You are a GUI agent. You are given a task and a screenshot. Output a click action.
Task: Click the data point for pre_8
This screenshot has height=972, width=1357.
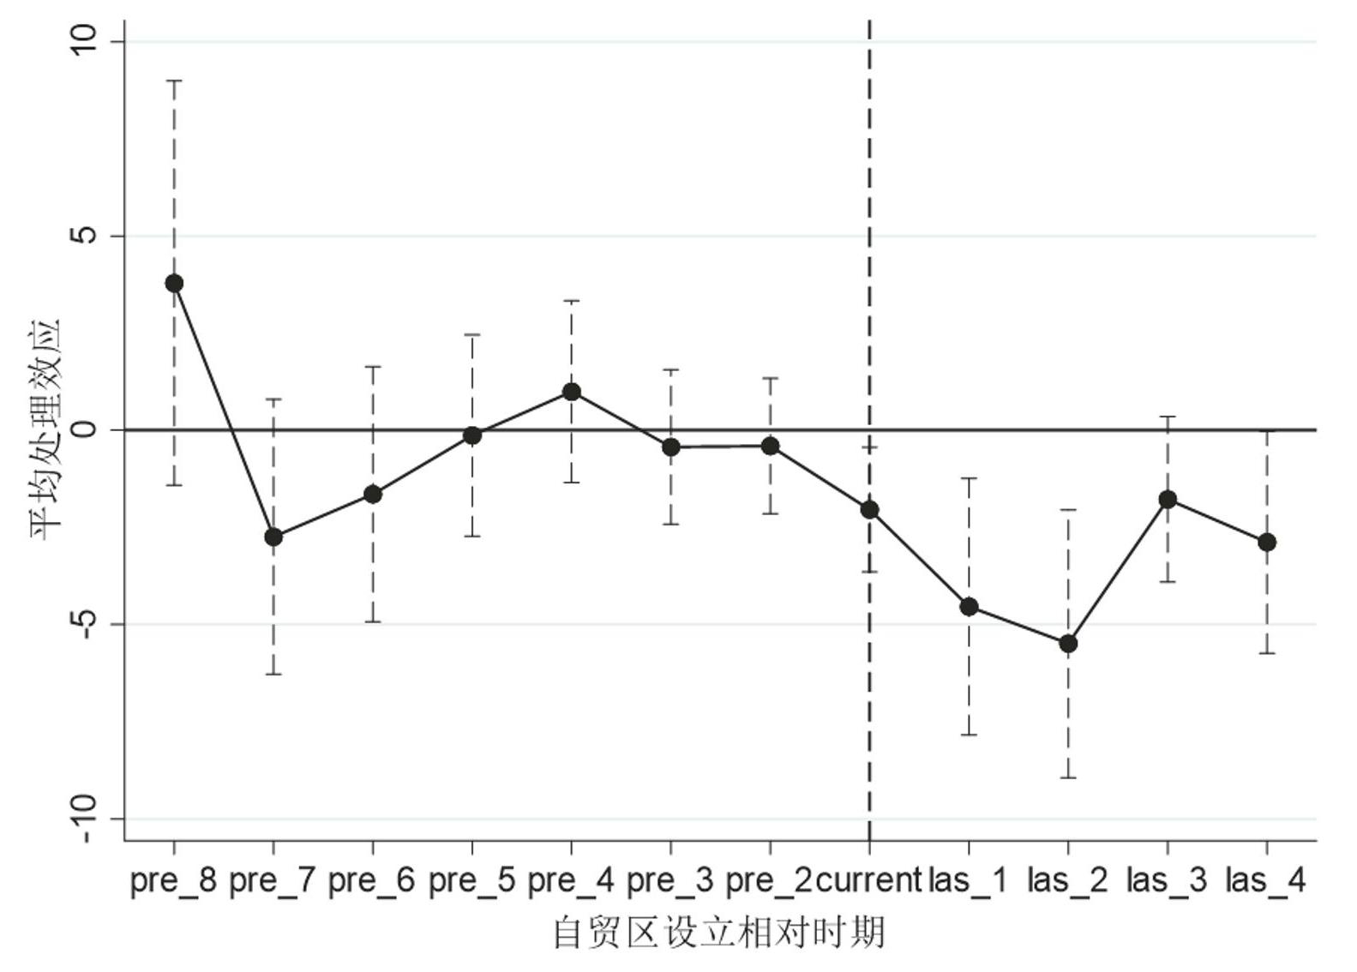pyautogui.click(x=174, y=284)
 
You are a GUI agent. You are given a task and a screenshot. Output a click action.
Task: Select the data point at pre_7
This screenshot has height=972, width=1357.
pyautogui.click(x=273, y=537)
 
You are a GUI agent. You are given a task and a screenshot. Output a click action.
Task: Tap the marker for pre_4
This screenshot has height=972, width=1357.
pyautogui.click(x=572, y=393)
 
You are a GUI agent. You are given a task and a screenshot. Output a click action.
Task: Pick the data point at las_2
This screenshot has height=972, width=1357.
pyautogui.click(x=1068, y=644)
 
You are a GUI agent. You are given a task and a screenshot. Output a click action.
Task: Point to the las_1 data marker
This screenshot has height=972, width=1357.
pyautogui.click(x=969, y=607)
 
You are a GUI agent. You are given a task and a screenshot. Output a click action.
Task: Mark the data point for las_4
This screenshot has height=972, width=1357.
pyautogui.click(x=1267, y=543)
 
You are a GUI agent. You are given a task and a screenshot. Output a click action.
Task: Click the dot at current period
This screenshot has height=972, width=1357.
pyautogui.click(x=870, y=510)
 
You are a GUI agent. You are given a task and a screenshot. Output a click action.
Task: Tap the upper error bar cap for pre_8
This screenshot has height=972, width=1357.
pyautogui.click(x=174, y=81)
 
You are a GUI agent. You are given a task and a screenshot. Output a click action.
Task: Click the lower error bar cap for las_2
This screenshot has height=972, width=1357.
pyautogui.click(x=1068, y=777)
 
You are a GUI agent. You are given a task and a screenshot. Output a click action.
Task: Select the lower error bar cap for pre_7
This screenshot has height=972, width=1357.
pyautogui.click(x=273, y=675)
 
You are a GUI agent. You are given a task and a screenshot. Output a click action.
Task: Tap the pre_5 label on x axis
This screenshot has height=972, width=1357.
pyautogui.click(x=471, y=880)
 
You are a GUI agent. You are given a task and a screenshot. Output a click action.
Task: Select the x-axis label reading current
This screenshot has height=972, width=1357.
pyautogui.click(x=869, y=880)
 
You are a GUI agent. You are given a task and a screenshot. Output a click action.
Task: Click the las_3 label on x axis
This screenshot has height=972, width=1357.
pyautogui.click(x=1167, y=880)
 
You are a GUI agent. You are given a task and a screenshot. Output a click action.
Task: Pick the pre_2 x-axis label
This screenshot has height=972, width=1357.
pyautogui.click(x=769, y=880)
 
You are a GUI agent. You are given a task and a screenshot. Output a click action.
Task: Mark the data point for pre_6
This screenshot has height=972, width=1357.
pyautogui.click(x=373, y=495)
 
